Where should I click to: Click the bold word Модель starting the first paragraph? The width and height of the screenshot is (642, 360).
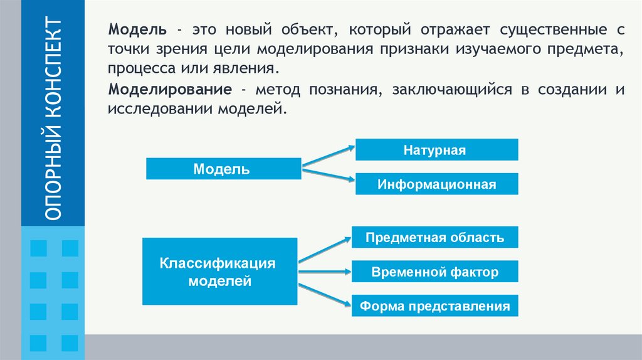click(137, 29)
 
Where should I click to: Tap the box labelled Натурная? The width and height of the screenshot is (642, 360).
click(437, 151)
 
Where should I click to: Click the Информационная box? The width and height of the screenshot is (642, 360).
click(437, 184)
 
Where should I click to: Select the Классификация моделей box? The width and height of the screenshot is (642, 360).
click(220, 272)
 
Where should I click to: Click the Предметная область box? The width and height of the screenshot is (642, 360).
click(435, 238)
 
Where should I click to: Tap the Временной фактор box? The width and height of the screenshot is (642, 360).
click(435, 272)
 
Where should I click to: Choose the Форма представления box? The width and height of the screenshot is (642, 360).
click(435, 307)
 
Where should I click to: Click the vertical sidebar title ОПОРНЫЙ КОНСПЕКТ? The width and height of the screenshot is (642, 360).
click(53, 119)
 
